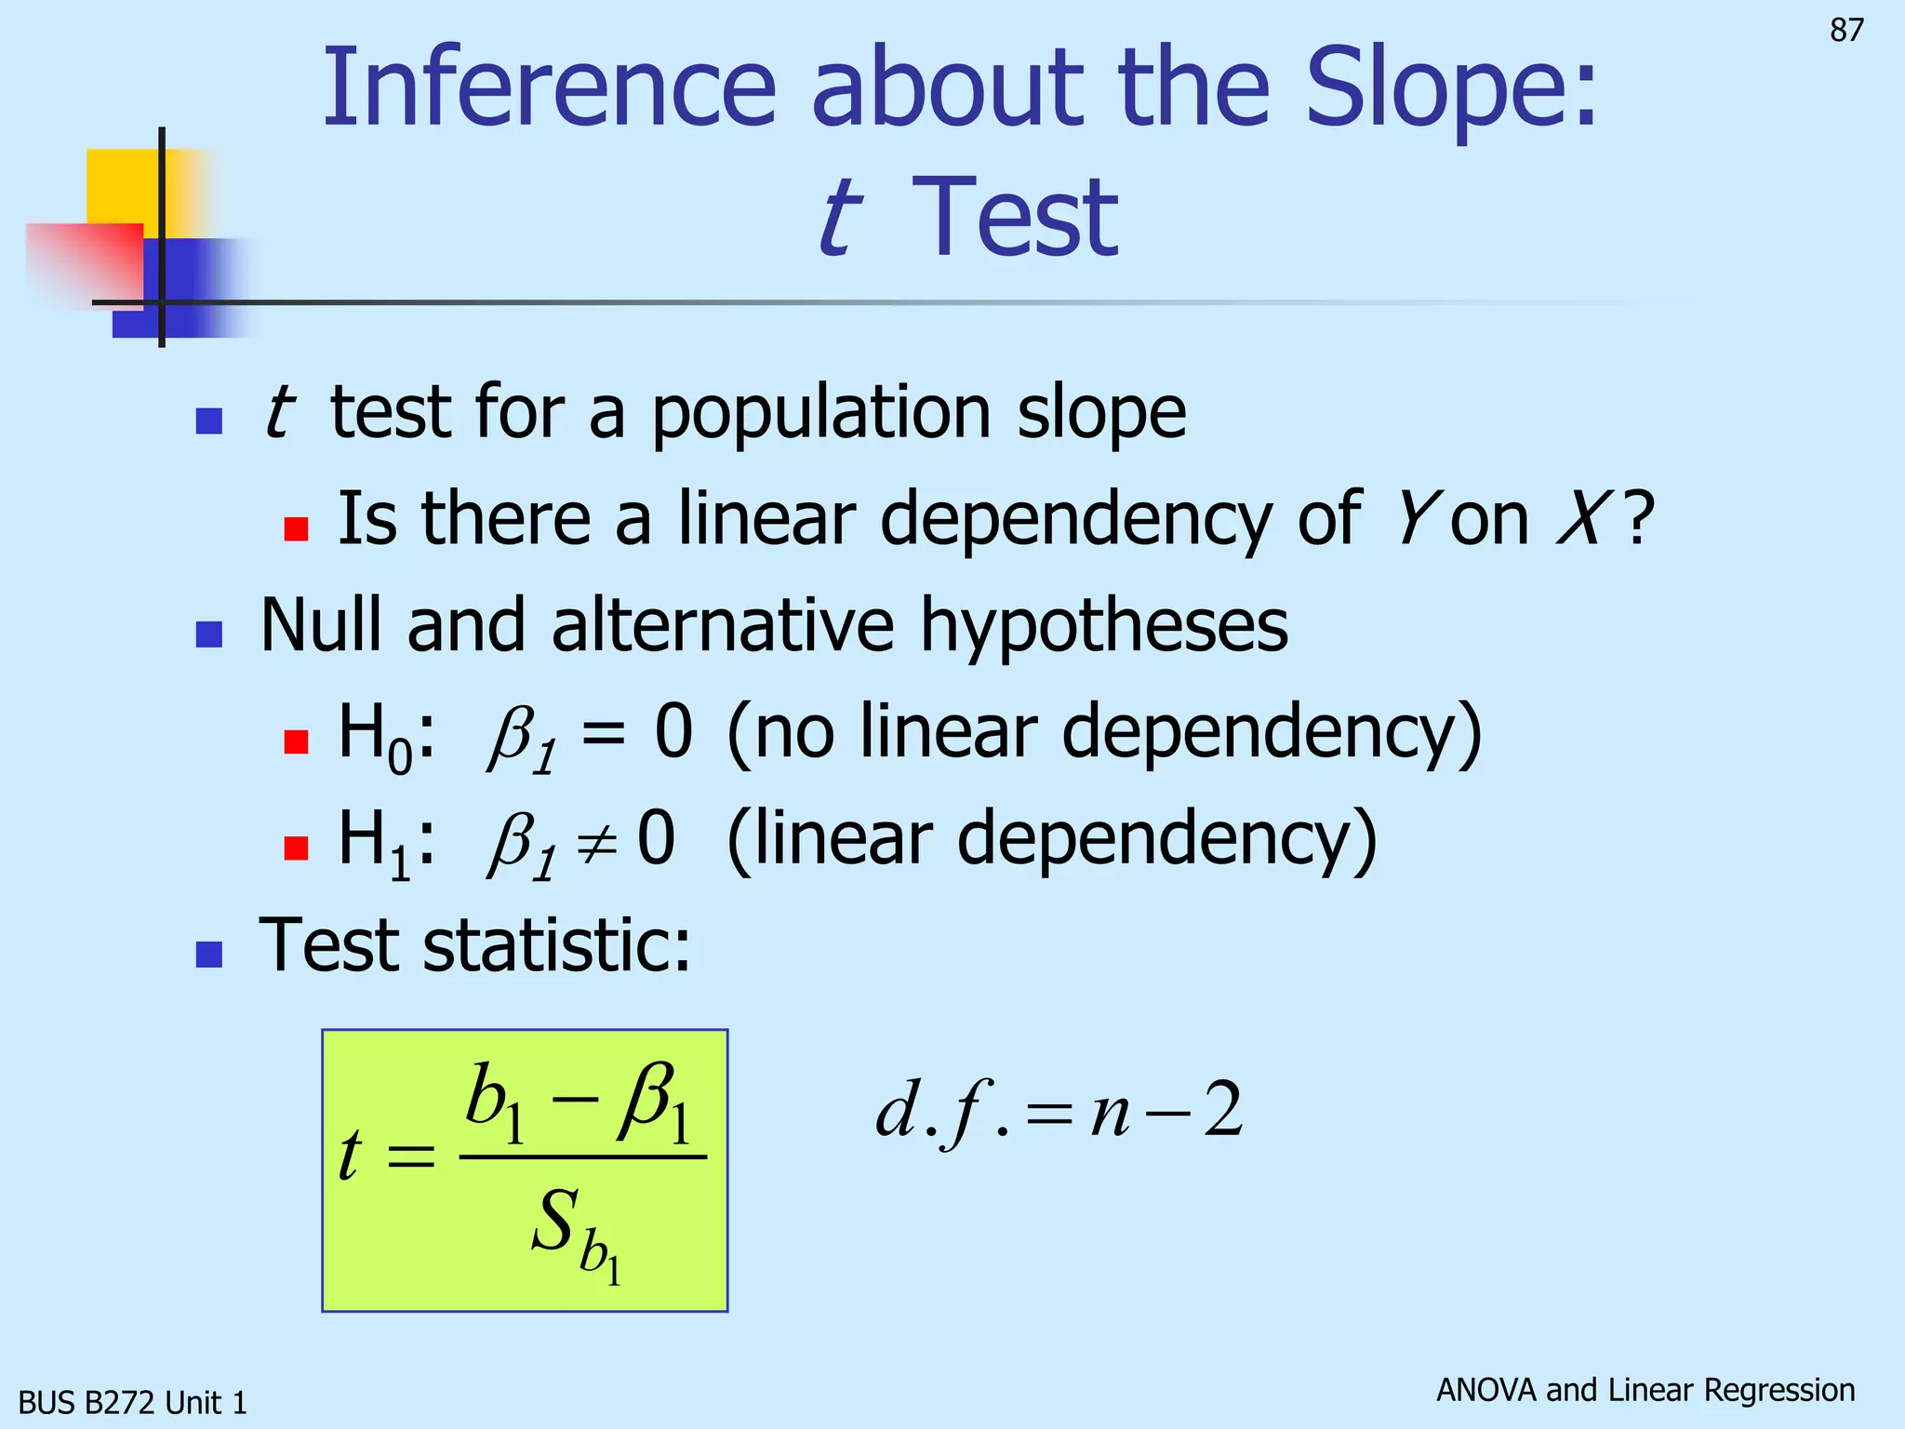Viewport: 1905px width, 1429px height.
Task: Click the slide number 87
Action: pos(1846,31)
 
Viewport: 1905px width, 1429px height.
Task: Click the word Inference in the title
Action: pos(549,89)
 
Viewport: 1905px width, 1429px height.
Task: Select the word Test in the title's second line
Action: pos(1015,219)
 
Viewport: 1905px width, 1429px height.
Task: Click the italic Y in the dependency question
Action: pos(1414,519)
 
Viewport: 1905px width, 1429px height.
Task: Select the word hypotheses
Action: pos(1103,625)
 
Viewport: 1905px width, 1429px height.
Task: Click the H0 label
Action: pos(375,735)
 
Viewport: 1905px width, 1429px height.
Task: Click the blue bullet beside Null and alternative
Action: pos(209,634)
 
